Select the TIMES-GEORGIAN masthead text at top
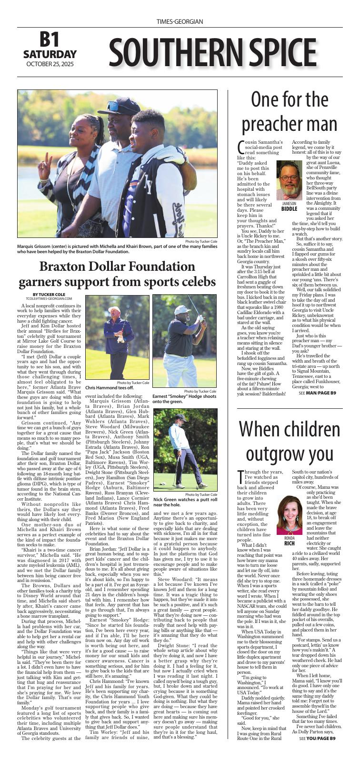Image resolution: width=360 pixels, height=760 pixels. click(x=180, y=22)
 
